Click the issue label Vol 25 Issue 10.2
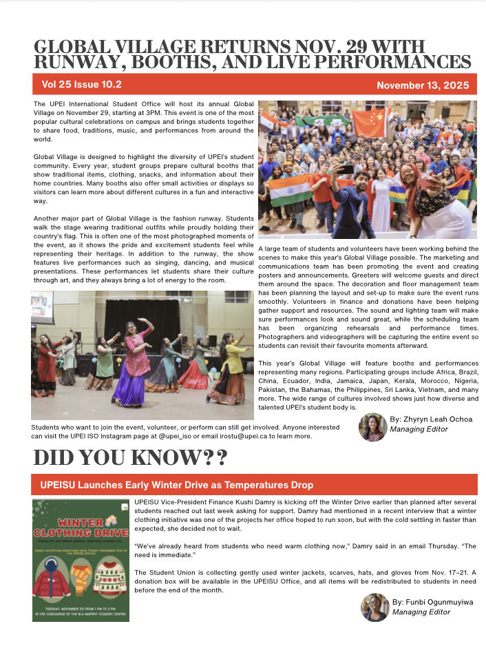(81, 85)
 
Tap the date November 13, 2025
(423, 86)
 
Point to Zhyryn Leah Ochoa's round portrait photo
(372, 427)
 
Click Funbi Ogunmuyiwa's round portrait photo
(374, 607)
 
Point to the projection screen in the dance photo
(42, 307)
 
